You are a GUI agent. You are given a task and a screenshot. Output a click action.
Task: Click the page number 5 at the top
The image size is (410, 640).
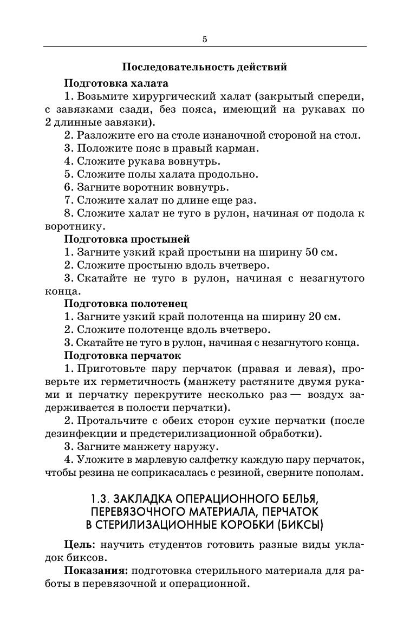coord(205,39)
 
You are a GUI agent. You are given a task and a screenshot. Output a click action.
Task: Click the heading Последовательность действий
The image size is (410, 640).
coord(204,67)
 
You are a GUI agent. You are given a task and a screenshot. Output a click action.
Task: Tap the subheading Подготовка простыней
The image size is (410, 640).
coord(127,239)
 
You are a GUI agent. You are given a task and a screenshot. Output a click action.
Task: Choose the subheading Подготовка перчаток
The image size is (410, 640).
coord(122,356)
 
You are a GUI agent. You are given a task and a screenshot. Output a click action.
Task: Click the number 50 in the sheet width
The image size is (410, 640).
coord(313,252)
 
